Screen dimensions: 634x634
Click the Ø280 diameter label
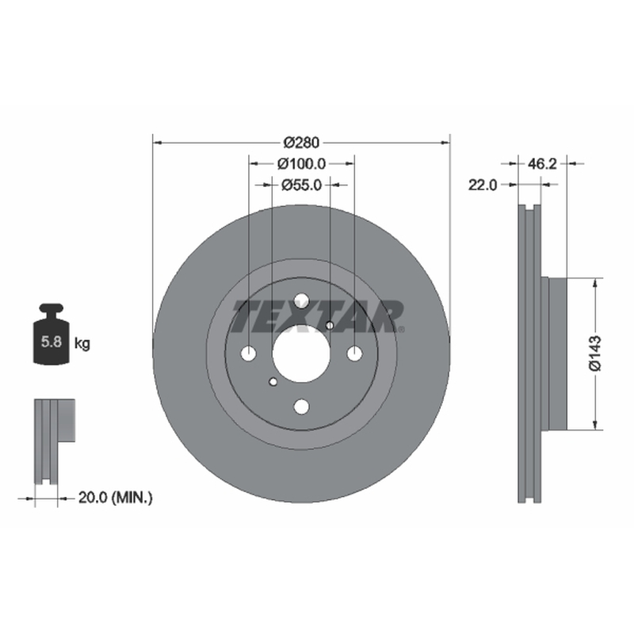(x=301, y=143)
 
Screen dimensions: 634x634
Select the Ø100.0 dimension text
(x=301, y=164)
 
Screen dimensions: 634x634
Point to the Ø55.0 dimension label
(x=301, y=185)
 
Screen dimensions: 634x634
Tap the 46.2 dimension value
(x=542, y=164)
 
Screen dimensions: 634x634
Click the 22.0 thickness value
(x=483, y=185)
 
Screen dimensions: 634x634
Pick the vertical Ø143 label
(x=595, y=353)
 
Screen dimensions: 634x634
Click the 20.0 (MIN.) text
(x=115, y=498)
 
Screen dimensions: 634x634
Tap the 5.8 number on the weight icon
(x=52, y=342)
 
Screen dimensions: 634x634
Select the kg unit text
(x=82, y=344)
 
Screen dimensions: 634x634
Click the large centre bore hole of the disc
(x=301, y=353)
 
